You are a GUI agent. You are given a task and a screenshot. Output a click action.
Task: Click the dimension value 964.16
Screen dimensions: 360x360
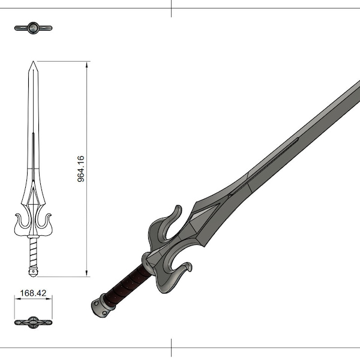point(82,169)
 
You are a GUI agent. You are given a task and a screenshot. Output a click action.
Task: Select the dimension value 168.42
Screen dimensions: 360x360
point(34,294)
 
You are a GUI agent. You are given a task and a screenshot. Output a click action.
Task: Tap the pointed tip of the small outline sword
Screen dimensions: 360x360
point(34,62)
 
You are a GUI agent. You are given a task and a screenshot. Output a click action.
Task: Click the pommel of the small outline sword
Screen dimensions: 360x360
point(34,272)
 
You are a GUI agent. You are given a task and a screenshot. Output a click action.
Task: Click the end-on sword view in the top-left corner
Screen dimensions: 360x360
point(34,28)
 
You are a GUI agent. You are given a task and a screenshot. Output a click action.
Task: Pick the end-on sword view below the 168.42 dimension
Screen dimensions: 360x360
point(34,322)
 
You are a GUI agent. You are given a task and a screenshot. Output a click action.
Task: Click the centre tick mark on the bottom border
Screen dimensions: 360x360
point(172,348)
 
